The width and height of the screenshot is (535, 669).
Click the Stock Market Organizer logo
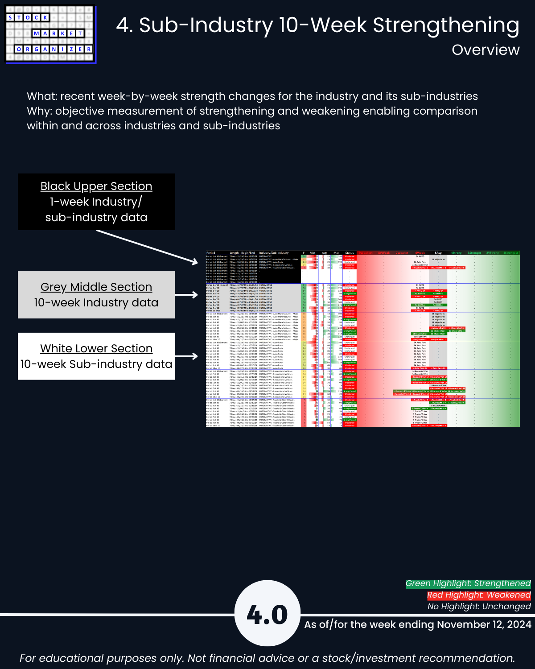50,34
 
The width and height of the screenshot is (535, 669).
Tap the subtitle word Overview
486,50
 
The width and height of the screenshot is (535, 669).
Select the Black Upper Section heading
96,186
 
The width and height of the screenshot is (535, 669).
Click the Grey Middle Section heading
96,287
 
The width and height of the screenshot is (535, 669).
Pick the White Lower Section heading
96,349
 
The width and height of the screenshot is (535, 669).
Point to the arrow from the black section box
147,247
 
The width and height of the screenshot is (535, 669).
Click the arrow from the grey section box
186,295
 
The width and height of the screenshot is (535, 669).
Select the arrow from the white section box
186,356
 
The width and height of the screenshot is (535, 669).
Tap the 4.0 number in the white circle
267,615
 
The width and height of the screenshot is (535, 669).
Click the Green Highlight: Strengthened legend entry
468,583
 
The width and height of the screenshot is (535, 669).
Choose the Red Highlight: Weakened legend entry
479,595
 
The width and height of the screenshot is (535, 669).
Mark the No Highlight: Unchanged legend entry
479,607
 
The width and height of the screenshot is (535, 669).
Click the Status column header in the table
350,253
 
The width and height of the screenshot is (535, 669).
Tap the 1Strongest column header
511,253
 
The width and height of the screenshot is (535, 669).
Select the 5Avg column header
438,253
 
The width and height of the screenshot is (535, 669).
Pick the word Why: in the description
39,111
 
